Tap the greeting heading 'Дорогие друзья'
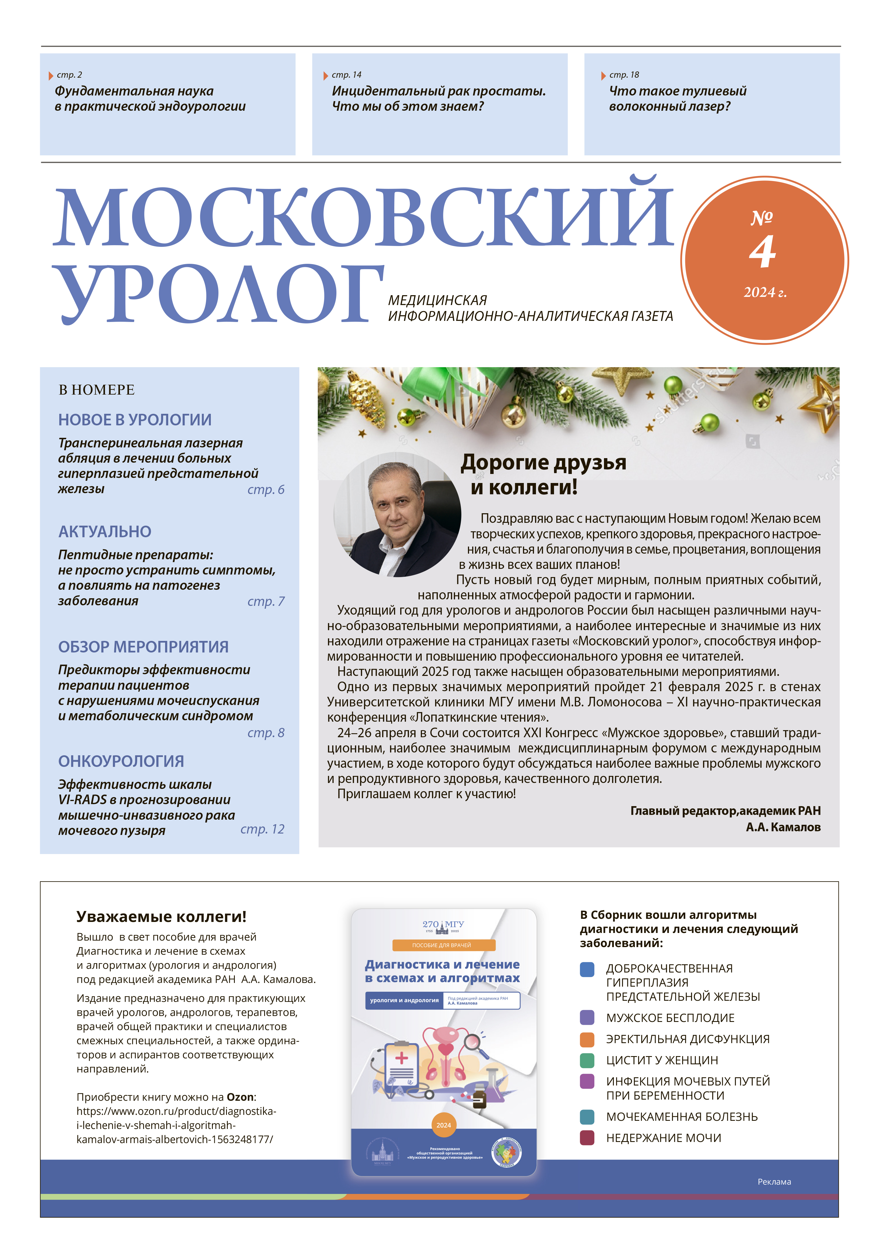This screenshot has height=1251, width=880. (x=544, y=463)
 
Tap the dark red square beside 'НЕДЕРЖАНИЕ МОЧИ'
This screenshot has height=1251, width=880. (x=587, y=1138)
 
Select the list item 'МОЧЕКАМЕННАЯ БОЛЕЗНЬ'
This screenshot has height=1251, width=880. (x=682, y=1117)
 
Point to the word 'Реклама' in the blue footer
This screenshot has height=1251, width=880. (x=774, y=1182)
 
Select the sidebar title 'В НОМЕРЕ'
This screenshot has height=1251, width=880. (x=97, y=390)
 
